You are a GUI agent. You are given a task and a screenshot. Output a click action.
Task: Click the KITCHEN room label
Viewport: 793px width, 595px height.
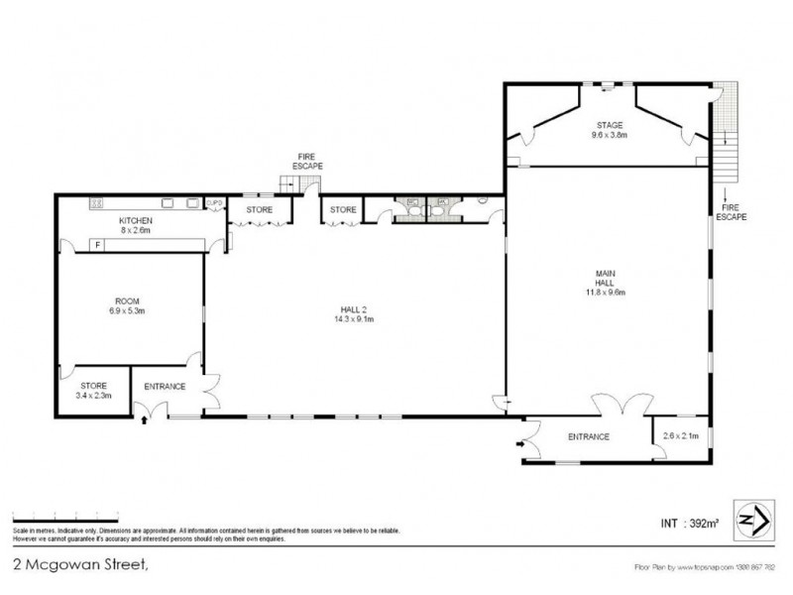pos(134,219)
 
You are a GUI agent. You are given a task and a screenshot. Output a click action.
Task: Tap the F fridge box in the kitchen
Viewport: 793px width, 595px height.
pos(97,244)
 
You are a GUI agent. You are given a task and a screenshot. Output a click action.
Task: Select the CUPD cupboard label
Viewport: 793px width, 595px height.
pos(214,203)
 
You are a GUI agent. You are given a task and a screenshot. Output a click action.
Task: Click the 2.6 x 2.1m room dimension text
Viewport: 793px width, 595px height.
pos(679,436)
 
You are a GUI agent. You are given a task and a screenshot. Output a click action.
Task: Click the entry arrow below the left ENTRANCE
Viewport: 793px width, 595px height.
pos(148,420)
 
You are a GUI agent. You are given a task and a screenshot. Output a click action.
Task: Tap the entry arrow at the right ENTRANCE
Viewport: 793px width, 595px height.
pos(518,446)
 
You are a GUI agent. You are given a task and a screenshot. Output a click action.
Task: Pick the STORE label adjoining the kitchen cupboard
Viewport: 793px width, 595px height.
pos(260,209)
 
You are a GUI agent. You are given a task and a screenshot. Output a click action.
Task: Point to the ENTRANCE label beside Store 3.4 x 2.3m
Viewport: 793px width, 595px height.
pos(165,386)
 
